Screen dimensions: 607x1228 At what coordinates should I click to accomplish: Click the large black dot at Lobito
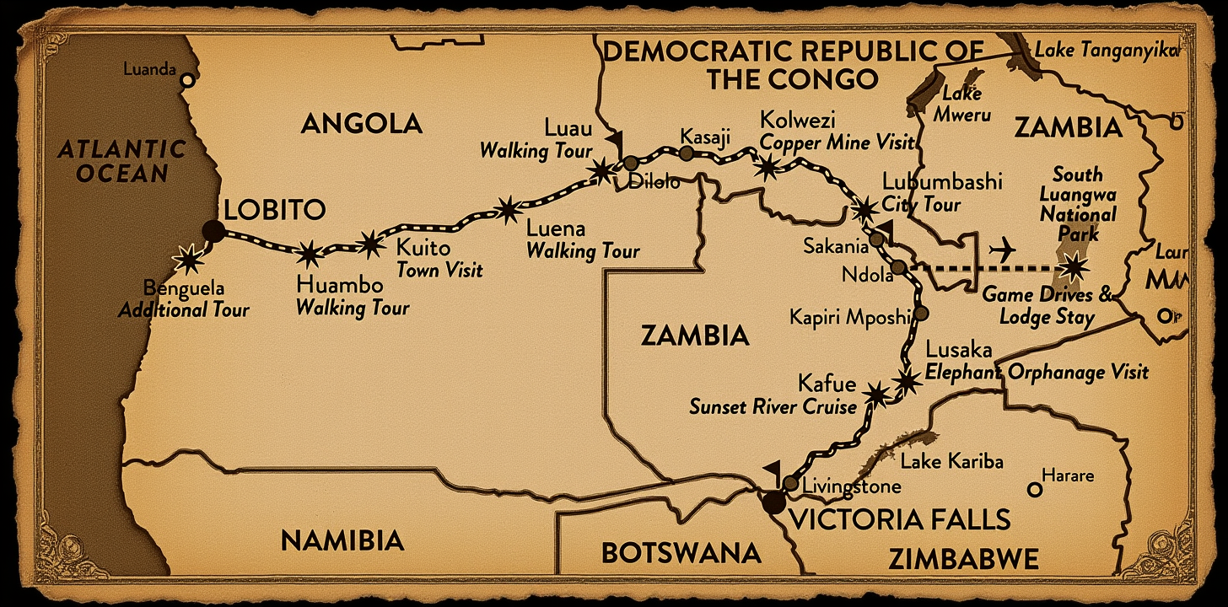click(213, 231)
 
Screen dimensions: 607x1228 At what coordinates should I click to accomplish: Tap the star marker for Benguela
click(187, 258)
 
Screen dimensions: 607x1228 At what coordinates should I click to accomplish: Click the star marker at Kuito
click(370, 244)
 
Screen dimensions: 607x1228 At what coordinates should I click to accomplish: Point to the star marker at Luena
click(507, 210)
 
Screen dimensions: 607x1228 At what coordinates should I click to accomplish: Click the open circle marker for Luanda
click(187, 80)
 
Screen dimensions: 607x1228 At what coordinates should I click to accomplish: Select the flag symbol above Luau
click(612, 139)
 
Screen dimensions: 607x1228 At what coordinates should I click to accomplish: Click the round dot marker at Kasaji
click(687, 153)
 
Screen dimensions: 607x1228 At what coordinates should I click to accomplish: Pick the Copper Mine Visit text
click(836, 142)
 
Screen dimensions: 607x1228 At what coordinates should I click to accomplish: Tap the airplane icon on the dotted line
click(1002, 250)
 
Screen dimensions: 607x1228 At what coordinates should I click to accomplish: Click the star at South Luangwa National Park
click(1074, 267)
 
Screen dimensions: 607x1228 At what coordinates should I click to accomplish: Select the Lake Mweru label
click(965, 104)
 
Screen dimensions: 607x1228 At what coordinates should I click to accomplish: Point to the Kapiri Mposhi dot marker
click(921, 313)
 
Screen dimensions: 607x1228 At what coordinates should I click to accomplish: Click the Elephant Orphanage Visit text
click(1037, 372)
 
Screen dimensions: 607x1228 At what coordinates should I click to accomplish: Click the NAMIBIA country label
click(342, 540)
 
